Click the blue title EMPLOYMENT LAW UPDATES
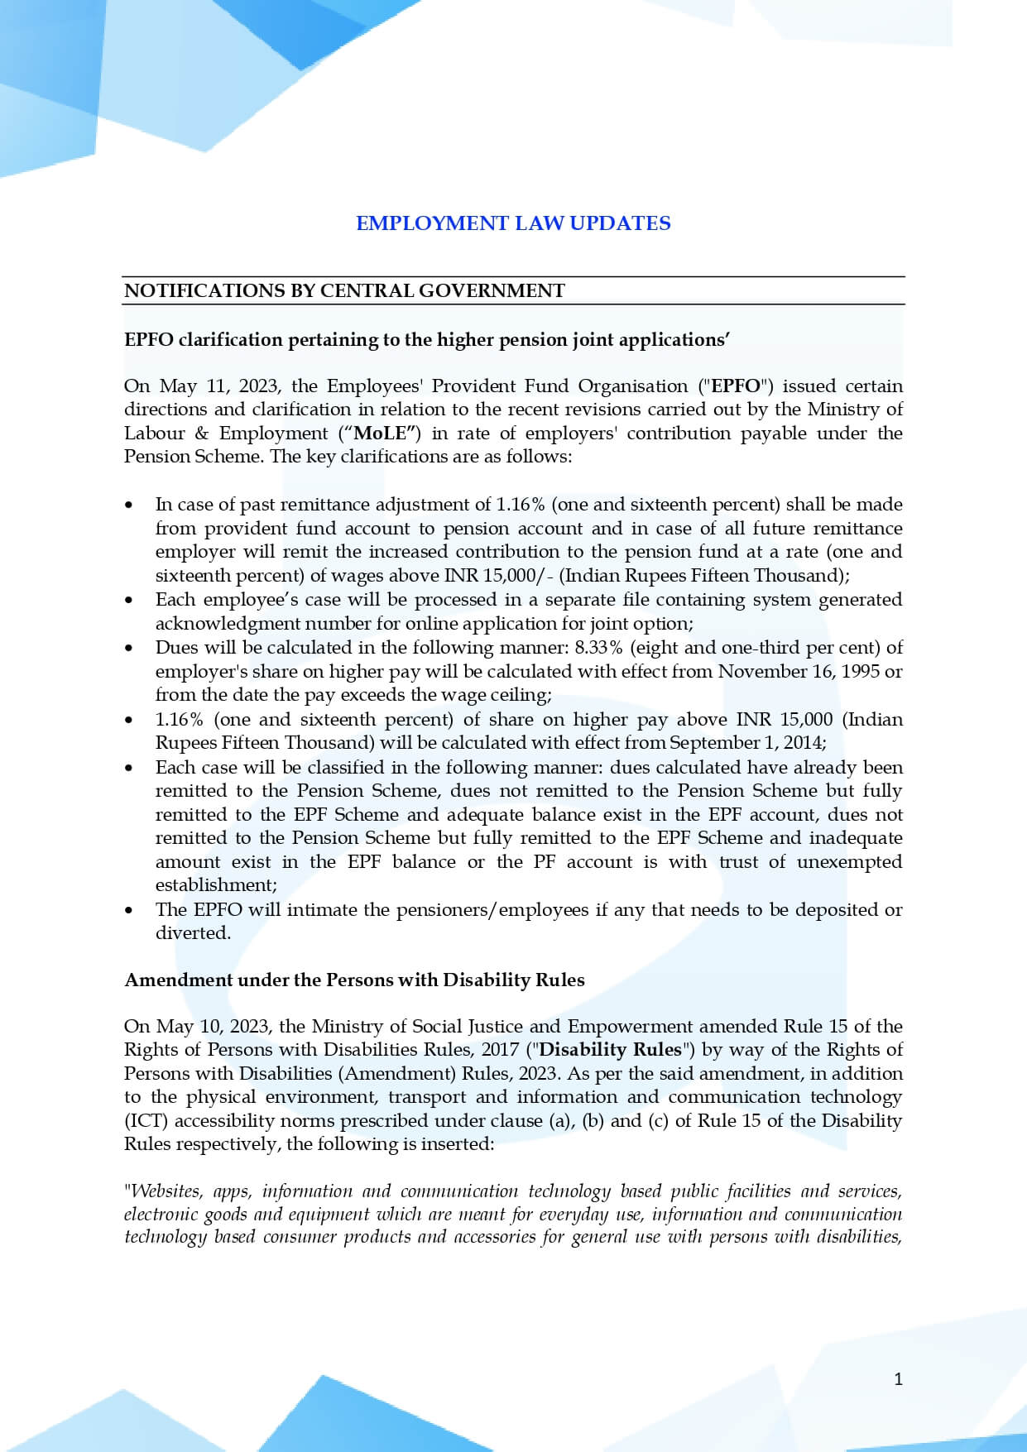pos(513,223)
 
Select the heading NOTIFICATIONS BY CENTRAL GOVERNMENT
pos(344,290)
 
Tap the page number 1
pos(899,1378)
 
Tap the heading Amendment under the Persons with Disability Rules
pos(354,980)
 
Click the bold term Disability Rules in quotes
pos(610,1050)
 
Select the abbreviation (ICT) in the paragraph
pos(146,1121)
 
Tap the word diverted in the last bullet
pos(193,933)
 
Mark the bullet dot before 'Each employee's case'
pos(128,601)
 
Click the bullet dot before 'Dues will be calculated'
pos(128,649)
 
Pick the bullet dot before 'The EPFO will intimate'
pos(128,910)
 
